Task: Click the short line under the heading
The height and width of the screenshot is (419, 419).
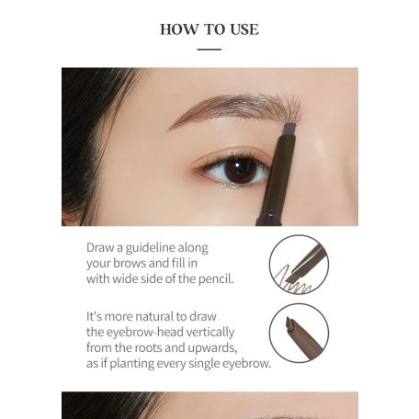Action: click(x=209, y=49)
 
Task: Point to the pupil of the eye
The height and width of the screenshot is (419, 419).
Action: click(x=242, y=169)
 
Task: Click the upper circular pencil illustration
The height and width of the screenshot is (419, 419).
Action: click(x=299, y=264)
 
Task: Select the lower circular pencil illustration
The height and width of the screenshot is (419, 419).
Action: click(x=299, y=333)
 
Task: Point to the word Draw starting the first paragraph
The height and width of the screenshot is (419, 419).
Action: click(x=102, y=247)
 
